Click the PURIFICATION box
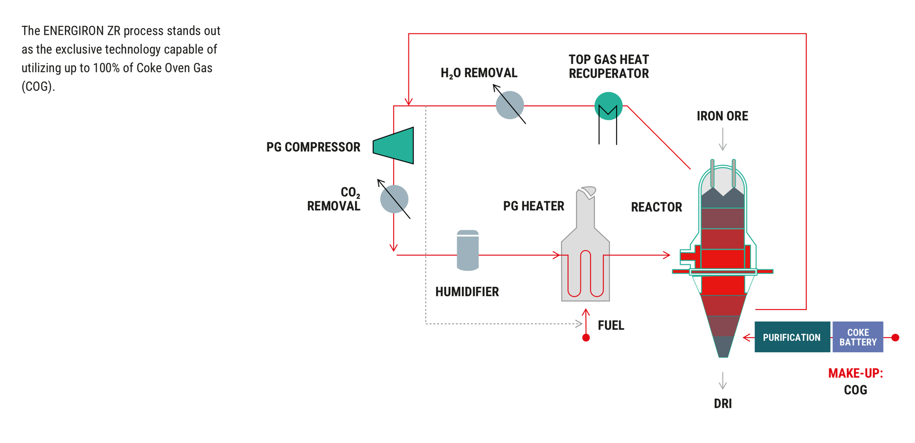tap(792, 337)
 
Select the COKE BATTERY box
tap(857, 337)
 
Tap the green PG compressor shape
tap(396, 145)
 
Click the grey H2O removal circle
tap(509, 105)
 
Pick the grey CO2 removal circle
tap(394, 199)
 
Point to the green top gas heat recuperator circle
tap(608, 106)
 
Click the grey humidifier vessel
tap(468, 250)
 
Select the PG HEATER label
tap(533, 206)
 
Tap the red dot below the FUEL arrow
tap(586, 338)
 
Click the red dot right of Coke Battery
tap(895, 338)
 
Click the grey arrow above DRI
tap(723, 381)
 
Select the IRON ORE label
tap(722, 116)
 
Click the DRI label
tap(722, 403)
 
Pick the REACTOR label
tap(656, 207)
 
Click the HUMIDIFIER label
tap(467, 292)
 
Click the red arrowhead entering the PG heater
tap(557, 255)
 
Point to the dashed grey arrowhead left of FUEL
tap(579, 324)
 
